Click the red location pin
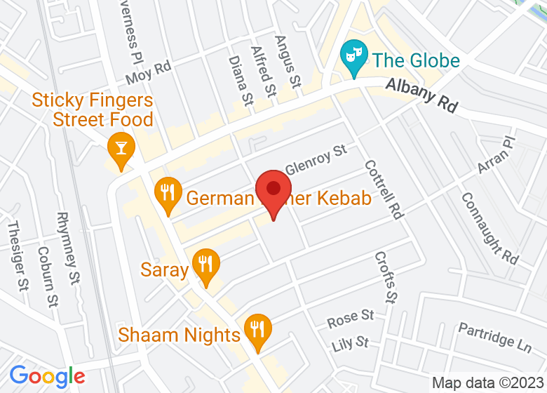tap(273, 192)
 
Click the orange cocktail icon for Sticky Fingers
tap(121, 149)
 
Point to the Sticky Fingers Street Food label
tap(93, 110)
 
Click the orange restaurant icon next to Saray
tap(205, 265)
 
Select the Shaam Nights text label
tap(180, 335)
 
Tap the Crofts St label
tap(386, 278)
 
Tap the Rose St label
tap(351, 319)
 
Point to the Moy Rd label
tap(149, 71)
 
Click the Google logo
tap(47, 377)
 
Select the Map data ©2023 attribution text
tap(487, 383)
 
